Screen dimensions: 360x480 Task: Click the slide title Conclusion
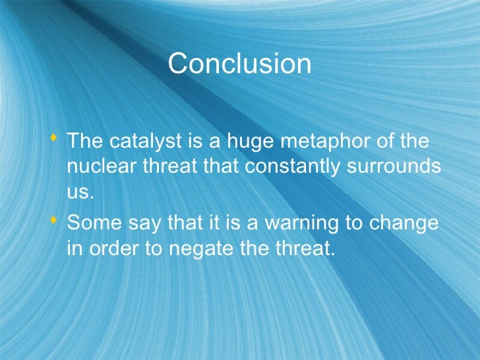[x=239, y=64]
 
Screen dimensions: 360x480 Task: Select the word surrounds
[x=398, y=167]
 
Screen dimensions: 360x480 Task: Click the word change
[x=406, y=225]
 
